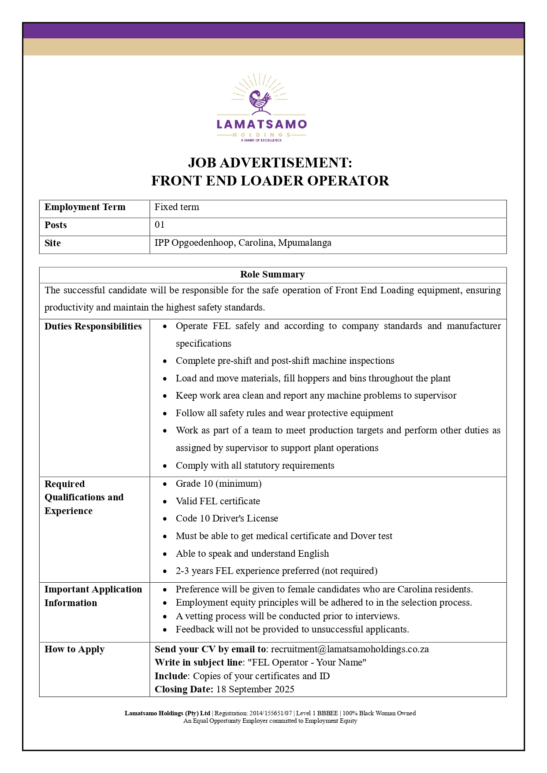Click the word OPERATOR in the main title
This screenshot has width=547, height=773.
pos(348,181)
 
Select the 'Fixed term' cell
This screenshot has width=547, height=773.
pos(177,207)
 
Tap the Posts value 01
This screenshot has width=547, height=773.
pos(160,225)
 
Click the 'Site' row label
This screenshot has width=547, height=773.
pos(52,243)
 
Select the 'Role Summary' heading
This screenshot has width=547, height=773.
pos(272,274)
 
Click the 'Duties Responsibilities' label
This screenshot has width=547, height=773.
pos(93,326)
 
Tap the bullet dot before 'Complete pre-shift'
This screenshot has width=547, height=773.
pos(165,361)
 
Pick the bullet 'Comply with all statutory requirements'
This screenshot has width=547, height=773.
pos(255,466)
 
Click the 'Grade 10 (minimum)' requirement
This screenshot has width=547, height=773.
pos(219,484)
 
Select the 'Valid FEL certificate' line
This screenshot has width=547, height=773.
pos(218,501)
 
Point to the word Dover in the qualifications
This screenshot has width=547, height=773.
pos(363,536)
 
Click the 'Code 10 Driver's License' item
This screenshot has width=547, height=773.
pos(227,518)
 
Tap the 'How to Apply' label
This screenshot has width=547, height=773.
pos(74,649)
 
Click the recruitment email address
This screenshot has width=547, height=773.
pos(350,649)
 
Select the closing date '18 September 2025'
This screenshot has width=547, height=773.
pos(255,689)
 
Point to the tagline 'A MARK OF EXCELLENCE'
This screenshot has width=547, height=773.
pos(261,141)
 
